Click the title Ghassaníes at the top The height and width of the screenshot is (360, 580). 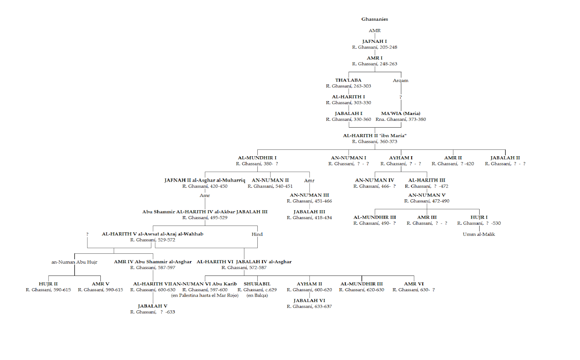(374, 19)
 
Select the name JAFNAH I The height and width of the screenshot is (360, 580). (374, 41)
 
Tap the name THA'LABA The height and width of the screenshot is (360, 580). (348, 80)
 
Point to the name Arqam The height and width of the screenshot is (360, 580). (401, 80)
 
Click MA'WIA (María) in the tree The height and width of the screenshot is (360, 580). (401, 113)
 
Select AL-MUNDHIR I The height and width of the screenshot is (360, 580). (257, 158)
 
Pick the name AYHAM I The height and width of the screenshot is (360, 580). (401, 158)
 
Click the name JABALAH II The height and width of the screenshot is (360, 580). (505, 158)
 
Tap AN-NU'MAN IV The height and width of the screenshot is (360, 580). (374, 180)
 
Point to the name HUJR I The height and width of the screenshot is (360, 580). (479, 217)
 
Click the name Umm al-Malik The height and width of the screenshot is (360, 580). (478, 234)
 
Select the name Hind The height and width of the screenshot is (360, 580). (257, 234)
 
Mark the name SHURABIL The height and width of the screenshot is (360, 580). (257, 284)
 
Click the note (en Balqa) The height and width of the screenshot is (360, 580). (257, 295)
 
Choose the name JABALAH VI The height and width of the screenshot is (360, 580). (309, 301)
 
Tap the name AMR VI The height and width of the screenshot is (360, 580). (414, 284)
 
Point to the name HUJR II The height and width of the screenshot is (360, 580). (48, 284)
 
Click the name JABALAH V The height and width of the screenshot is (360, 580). (153, 306)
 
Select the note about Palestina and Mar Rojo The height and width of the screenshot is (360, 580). (205, 295)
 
